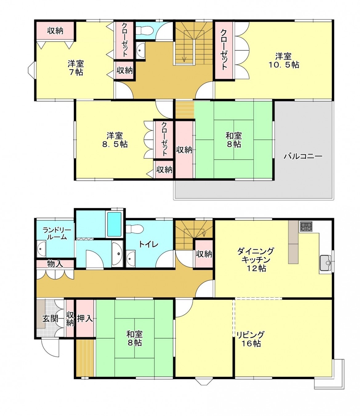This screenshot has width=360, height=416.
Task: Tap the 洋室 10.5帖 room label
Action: point(283,61)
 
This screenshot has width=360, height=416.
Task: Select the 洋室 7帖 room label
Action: point(75,68)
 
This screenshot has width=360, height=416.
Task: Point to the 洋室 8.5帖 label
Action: point(115,140)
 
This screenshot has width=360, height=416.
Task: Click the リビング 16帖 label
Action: point(250,339)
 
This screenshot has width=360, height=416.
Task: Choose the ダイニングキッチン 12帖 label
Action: point(255,259)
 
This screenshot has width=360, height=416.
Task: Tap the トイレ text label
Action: point(148,244)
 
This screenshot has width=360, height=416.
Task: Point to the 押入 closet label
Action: point(85,318)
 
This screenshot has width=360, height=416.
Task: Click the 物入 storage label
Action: point(55,264)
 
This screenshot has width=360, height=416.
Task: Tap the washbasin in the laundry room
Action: point(41,249)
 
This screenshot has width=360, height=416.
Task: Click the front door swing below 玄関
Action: point(50,348)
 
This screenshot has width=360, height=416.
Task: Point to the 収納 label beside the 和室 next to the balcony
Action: point(184,150)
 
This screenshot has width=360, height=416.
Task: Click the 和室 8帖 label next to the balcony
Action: point(234,140)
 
